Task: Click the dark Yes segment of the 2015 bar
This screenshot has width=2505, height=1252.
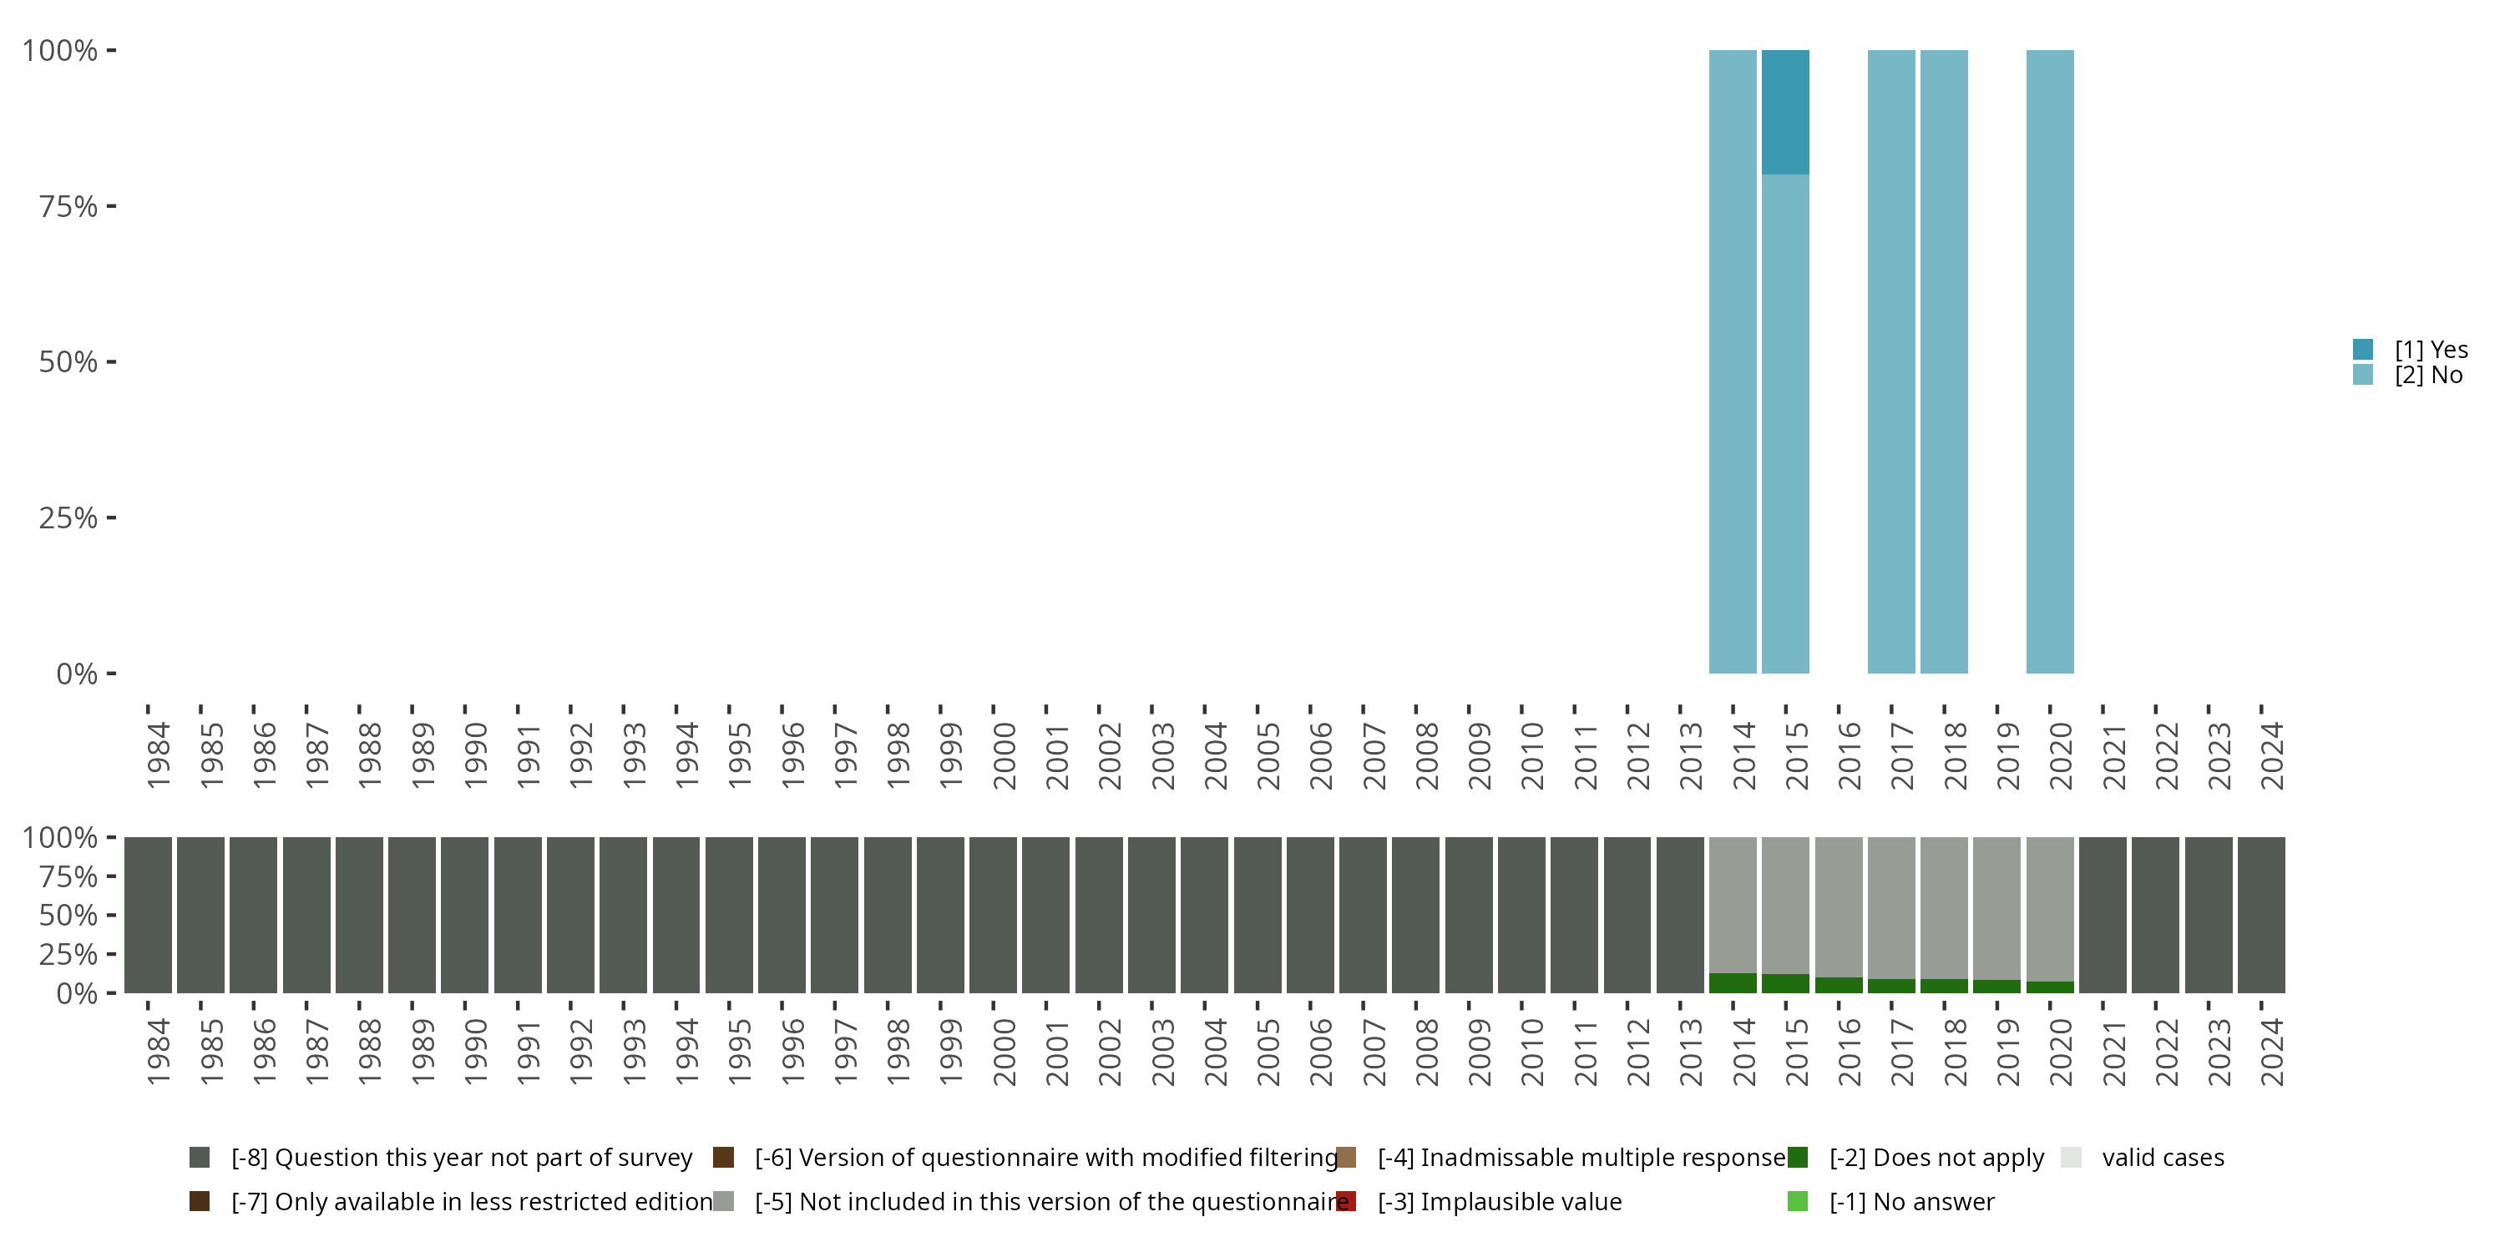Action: [1785, 112]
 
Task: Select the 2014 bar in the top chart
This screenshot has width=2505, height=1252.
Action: [1733, 361]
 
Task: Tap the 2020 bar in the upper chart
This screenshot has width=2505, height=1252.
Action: [2050, 361]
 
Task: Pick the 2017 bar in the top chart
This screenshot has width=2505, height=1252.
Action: [1891, 361]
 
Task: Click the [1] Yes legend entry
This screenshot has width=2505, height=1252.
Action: [2430, 350]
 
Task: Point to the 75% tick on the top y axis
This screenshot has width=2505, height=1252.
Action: [68, 206]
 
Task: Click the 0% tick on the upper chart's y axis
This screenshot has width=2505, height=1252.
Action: [77, 674]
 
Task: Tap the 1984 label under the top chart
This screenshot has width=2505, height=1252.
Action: [159, 755]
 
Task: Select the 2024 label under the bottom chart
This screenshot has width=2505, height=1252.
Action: [2271, 1052]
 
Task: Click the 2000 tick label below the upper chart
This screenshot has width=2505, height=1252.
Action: [1004, 755]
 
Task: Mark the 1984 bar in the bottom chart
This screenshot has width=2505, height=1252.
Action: [148, 915]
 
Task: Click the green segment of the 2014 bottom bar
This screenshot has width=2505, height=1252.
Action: [1733, 982]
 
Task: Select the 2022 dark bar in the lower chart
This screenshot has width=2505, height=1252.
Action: [2155, 915]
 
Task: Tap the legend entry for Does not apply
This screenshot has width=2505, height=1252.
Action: [1936, 1158]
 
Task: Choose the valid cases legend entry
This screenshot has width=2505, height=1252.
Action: [2162, 1158]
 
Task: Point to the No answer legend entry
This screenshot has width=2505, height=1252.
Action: [1910, 1201]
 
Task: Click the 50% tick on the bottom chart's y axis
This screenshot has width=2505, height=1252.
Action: [68, 915]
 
